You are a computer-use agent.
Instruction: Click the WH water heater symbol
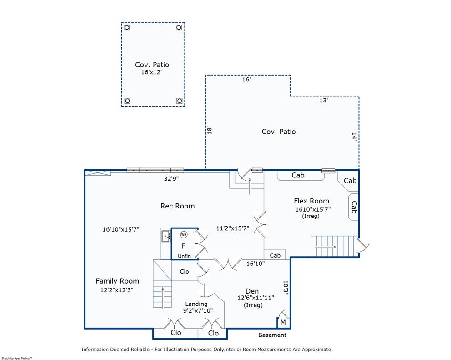[184, 235]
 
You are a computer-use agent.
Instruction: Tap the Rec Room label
[177, 206]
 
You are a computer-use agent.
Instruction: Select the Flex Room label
[311, 201]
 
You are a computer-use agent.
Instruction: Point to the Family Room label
[117, 281]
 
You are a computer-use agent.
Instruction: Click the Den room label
[252, 291]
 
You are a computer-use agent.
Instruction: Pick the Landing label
[196, 304]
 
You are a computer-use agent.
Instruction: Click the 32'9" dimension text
[171, 178]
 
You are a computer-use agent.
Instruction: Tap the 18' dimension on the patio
[210, 131]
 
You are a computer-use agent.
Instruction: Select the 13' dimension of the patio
[324, 100]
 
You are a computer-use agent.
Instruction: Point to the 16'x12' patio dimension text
[151, 72]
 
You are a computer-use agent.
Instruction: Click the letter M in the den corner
[283, 323]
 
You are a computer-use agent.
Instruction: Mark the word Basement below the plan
[272, 335]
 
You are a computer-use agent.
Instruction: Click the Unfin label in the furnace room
[185, 256]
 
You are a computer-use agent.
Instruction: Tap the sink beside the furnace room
[166, 237]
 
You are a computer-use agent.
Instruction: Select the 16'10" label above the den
[256, 264]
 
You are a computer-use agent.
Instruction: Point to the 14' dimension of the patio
[354, 136]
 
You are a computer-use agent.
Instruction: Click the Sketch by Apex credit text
[16, 358]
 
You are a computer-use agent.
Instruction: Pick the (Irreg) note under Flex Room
[311, 216]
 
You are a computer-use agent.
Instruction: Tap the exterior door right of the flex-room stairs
[362, 246]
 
